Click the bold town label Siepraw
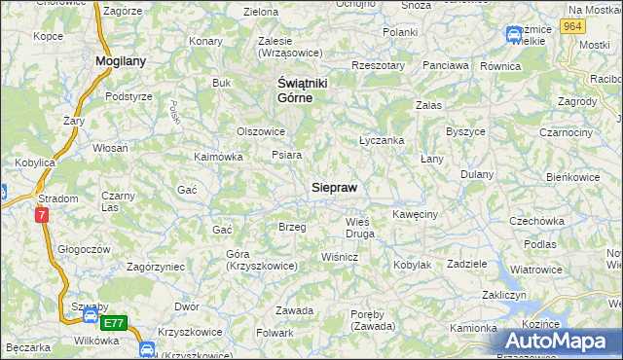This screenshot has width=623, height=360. pyautogui.click(x=340, y=186)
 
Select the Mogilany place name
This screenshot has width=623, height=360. pyautogui.click(x=121, y=60)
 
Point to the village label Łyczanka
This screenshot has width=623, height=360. pyautogui.click(x=382, y=140)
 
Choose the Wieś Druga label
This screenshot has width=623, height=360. pyautogui.click(x=360, y=228)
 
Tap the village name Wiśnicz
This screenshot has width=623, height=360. pyautogui.click(x=341, y=257)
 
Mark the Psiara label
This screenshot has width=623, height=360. pyautogui.click(x=286, y=155)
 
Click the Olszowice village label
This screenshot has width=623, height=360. pyautogui.click(x=261, y=131)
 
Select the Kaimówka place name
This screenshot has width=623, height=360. pyautogui.click(x=218, y=156)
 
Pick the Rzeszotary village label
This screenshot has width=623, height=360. pyautogui.click(x=379, y=65)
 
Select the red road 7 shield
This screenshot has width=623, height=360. pyautogui.click(x=43, y=216)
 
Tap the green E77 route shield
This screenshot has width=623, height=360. pyautogui.click(x=114, y=322)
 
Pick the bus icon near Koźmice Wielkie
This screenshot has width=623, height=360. pyautogui.click(x=513, y=36)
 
